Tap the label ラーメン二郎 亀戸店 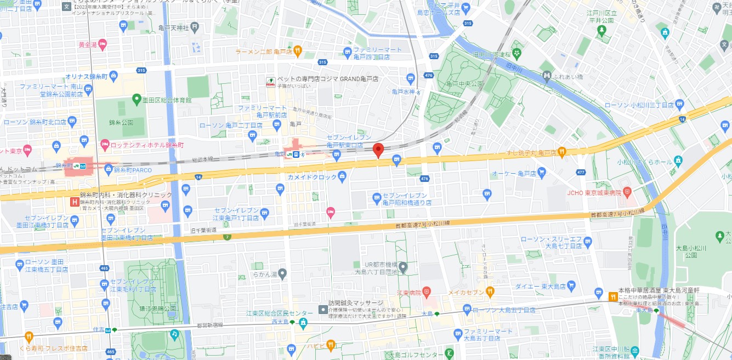[x=263, y=52]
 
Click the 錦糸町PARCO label [x=134, y=170]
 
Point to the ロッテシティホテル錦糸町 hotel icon [x=105, y=145]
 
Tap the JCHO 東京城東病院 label [x=594, y=192]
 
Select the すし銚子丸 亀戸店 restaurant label [x=531, y=152]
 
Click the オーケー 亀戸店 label [x=516, y=173]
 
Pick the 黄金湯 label [x=88, y=45]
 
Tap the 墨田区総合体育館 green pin [x=137, y=99]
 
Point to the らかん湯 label [x=265, y=273]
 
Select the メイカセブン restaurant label [x=466, y=292]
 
